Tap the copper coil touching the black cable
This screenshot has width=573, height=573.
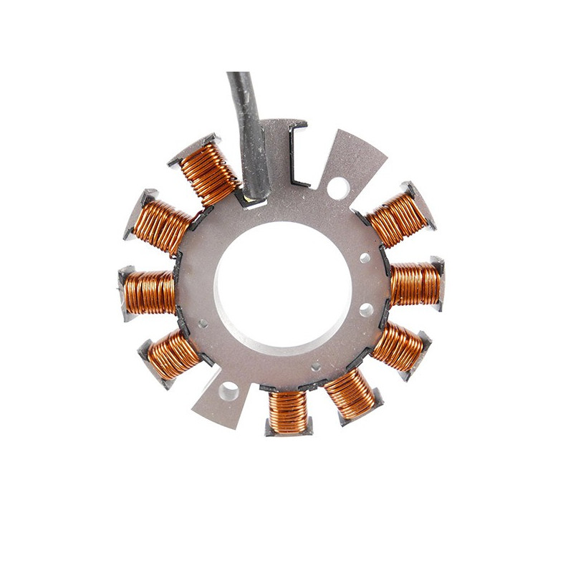[x=209, y=172]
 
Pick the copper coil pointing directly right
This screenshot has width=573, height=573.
[x=415, y=284]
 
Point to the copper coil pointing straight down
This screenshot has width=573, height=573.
[x=289, y=412]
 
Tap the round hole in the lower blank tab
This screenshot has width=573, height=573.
[x=229, y=390]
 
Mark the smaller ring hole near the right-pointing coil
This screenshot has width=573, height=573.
[x=365, y=256]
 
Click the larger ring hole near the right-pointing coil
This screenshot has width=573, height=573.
[x=367, y=310]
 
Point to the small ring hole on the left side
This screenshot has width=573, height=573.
[x=203, y=323]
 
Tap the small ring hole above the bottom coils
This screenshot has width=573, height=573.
[x=315, y=367]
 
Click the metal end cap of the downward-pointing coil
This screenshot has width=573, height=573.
[x=288, y=430]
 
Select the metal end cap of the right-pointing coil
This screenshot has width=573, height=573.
[x=438, y=283]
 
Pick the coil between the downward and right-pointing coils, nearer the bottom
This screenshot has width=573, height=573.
[x=351, y=393]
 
